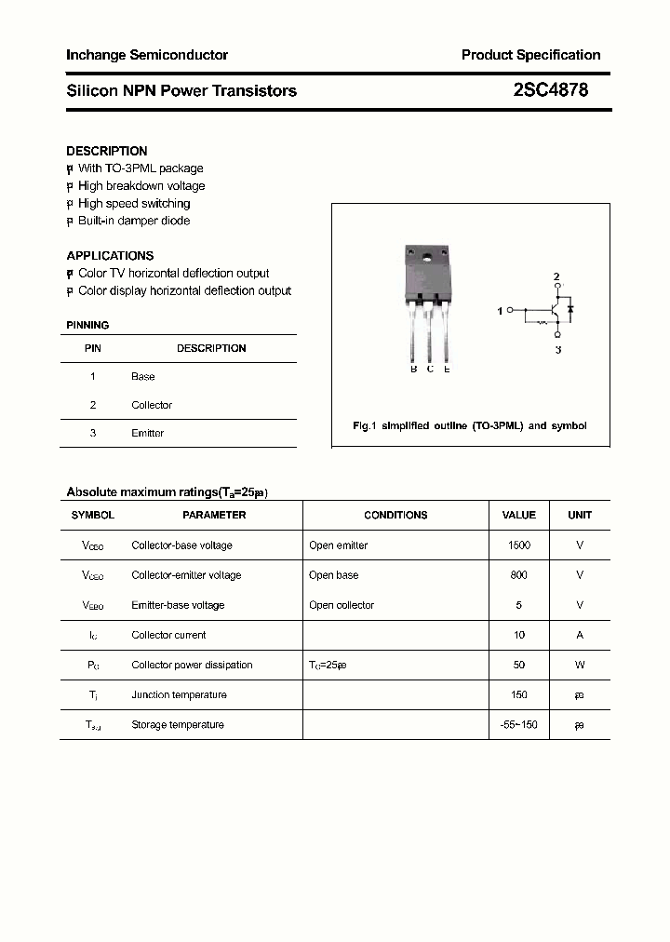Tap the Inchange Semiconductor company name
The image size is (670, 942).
coord(147,55)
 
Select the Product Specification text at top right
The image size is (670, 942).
coord(530,55)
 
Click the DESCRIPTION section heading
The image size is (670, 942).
coord(107,151)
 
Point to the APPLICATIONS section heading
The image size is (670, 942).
coord(110,255)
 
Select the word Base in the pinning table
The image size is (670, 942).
coord(143,377)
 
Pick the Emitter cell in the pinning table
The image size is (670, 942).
coord(147,433)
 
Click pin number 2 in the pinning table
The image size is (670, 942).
coord(93,405)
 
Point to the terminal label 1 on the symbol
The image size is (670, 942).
coord(500,311)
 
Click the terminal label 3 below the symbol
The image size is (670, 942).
coord(557,349)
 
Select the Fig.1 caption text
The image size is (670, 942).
coord(470,425)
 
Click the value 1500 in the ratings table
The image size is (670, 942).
coord(518,545)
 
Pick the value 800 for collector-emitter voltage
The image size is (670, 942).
coord(518,575)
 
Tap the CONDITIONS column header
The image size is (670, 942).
coord(395,515)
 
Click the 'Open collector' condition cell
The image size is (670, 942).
coord(342,605)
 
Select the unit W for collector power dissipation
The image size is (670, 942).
coord(580,665)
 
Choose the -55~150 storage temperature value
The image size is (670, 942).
coord(518,724)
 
